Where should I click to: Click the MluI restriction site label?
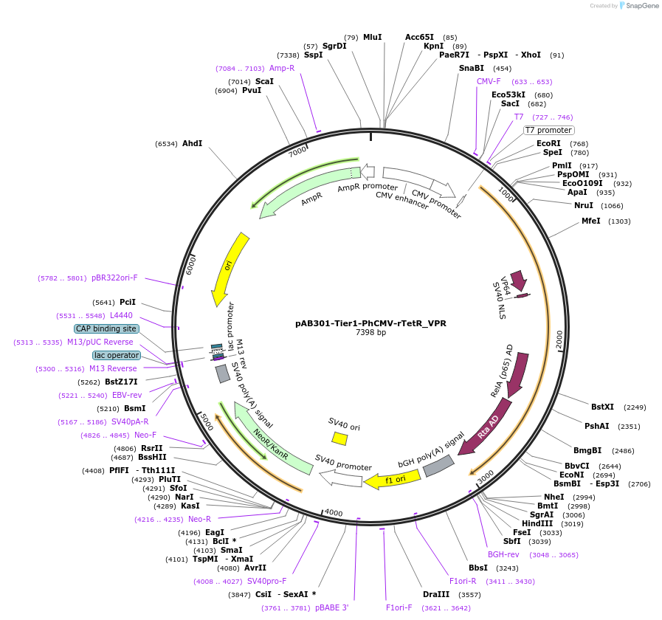372,37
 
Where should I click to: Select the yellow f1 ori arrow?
393,480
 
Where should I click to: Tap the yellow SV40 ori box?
339,438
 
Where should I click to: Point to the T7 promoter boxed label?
548,130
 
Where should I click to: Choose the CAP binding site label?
106,328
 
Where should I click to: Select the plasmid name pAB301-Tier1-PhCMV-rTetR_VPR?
370,323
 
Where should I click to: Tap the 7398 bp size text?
370,333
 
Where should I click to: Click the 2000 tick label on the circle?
559,340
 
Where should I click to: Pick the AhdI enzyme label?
192,143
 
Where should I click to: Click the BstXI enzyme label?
602,407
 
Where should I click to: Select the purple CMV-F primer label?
489,81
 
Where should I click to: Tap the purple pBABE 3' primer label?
331,607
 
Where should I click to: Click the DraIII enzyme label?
436,594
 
